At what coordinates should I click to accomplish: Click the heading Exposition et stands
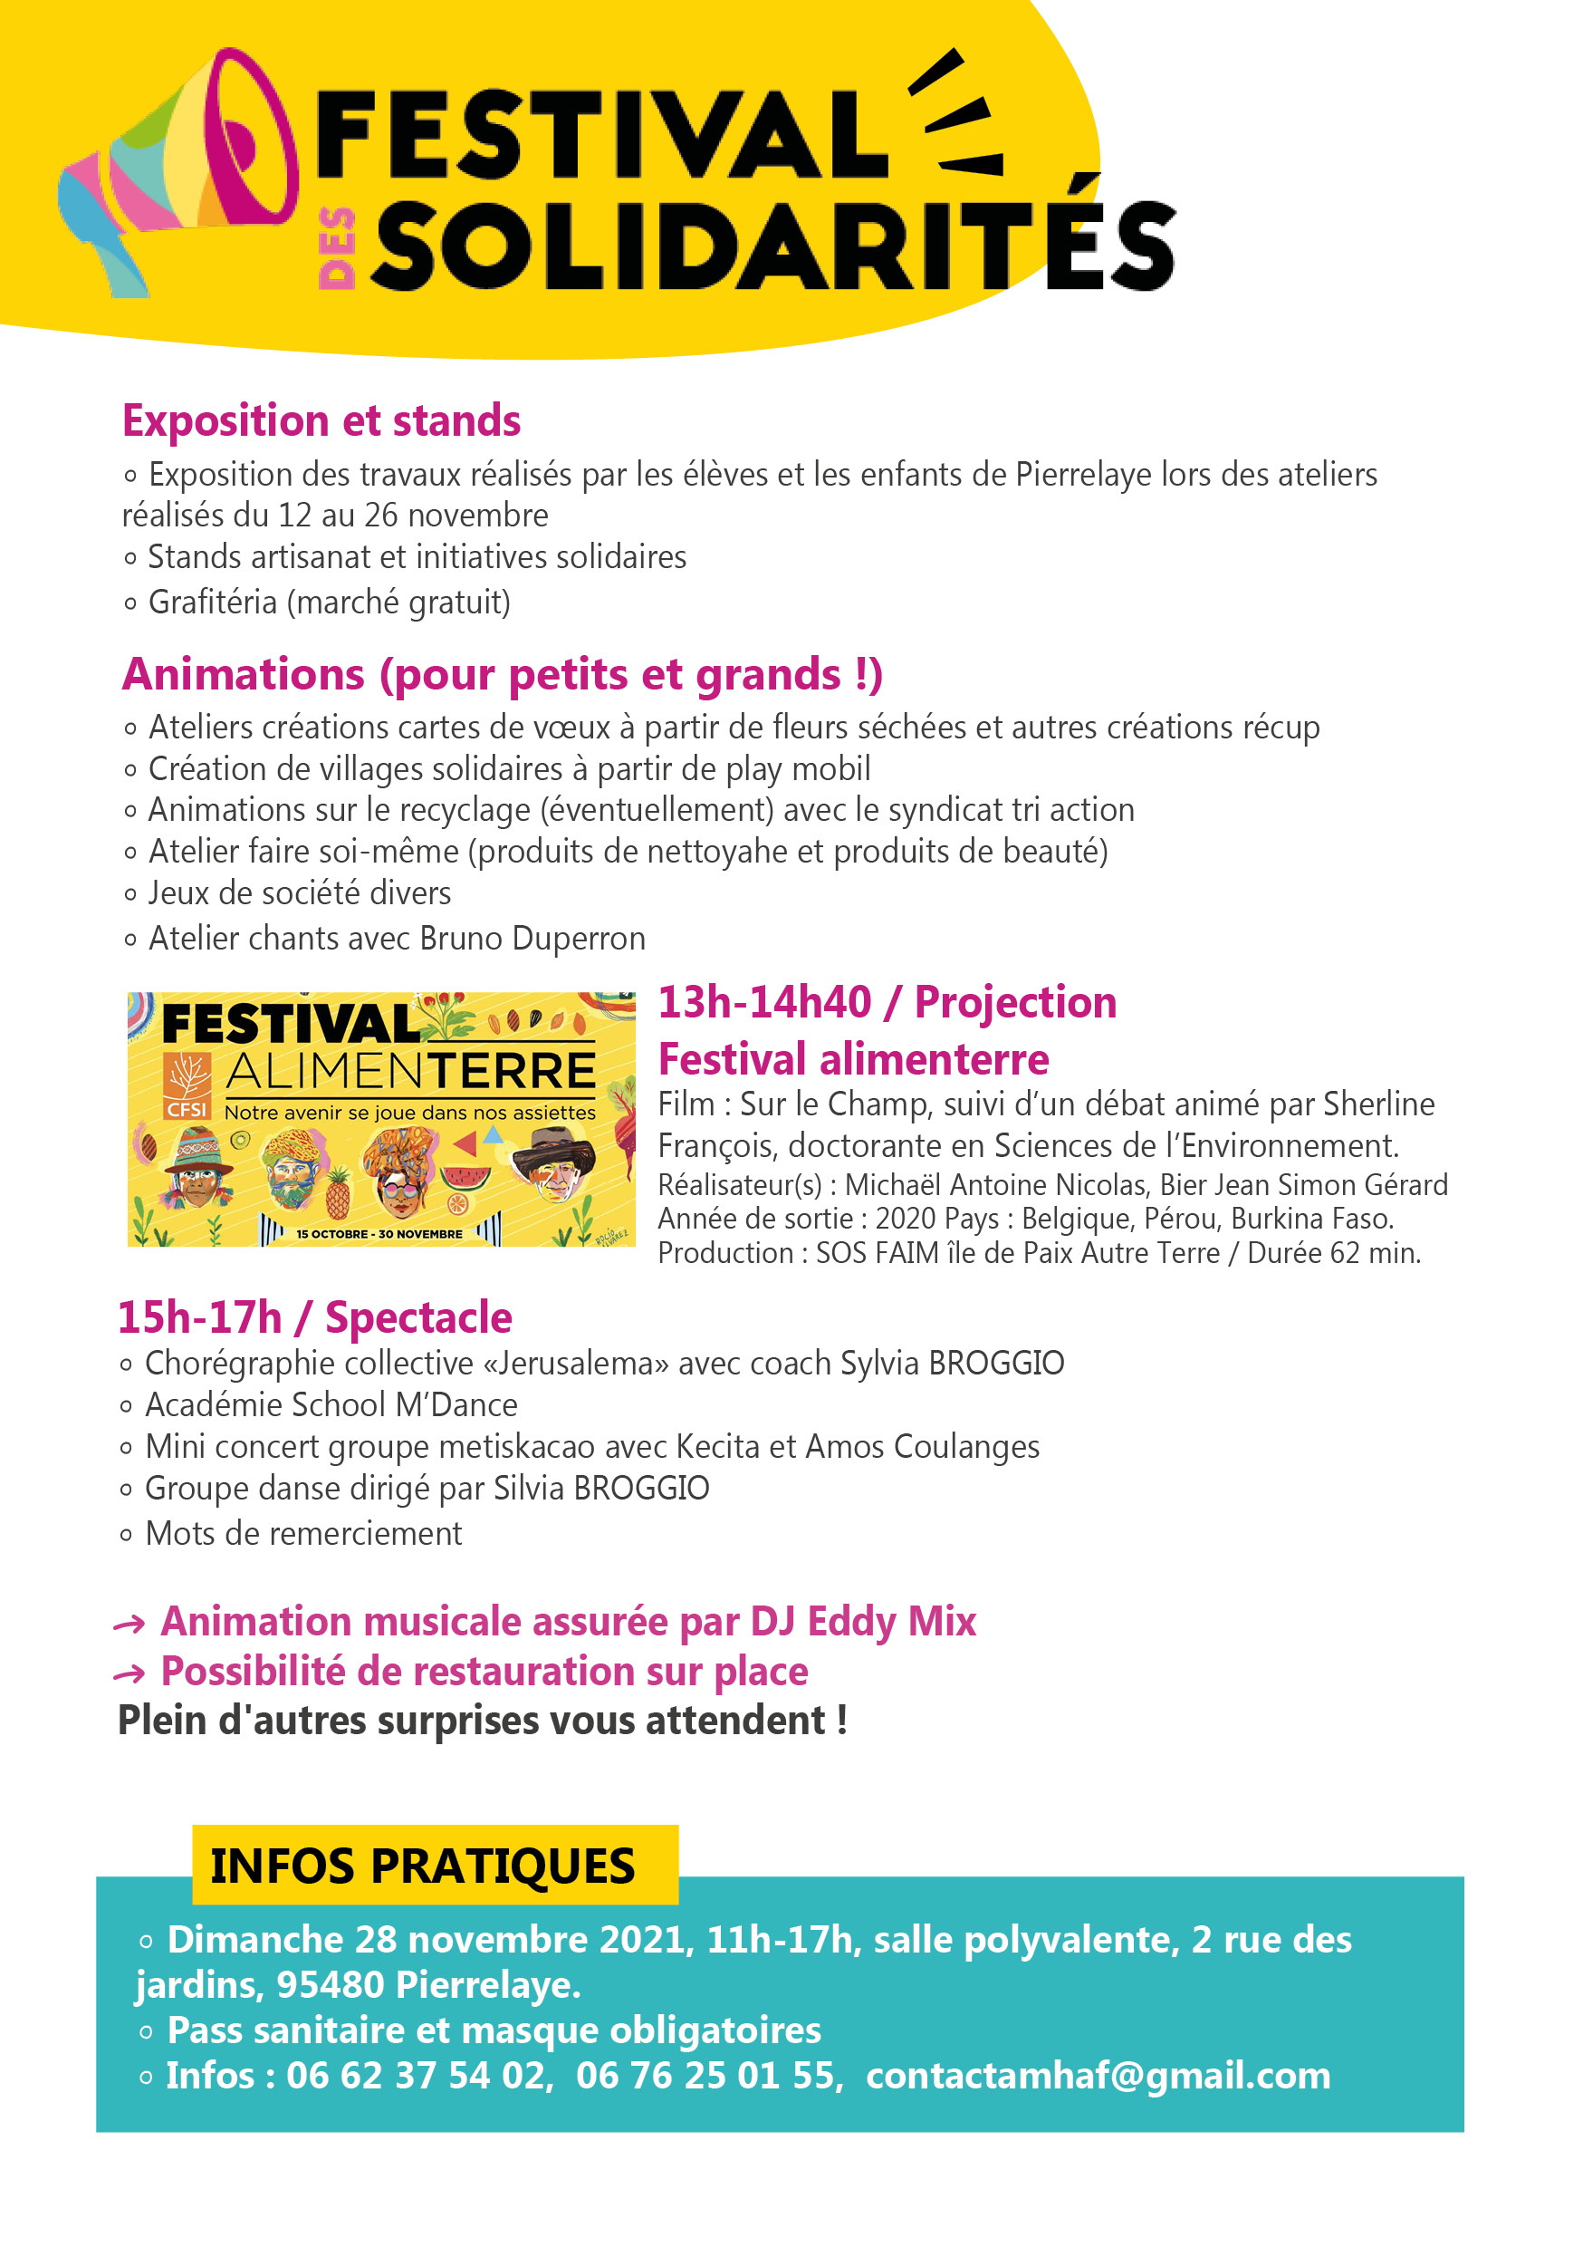[x=321, y=420]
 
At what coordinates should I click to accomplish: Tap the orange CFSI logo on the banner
[x=186, y=1085]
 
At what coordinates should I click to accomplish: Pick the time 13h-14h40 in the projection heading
[x=764, y=1003]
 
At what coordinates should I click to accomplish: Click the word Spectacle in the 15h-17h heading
[x=417, y=1318]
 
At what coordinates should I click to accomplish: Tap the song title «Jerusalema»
[x=576, y=1364]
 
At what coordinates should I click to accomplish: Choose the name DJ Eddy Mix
[x=863, y=1622]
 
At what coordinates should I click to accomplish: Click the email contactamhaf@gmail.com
[x=1098, y=2076]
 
